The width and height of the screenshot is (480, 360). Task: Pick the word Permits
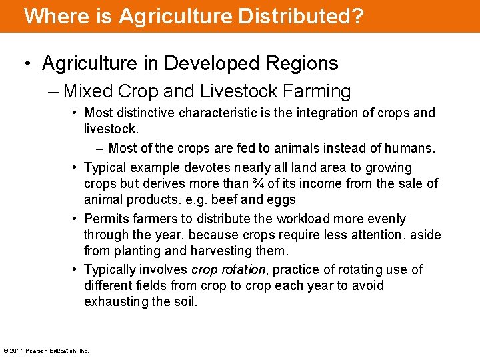(107, 219)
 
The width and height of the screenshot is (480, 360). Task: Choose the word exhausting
(116, 301)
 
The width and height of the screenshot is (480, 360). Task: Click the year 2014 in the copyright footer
(17, 351)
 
